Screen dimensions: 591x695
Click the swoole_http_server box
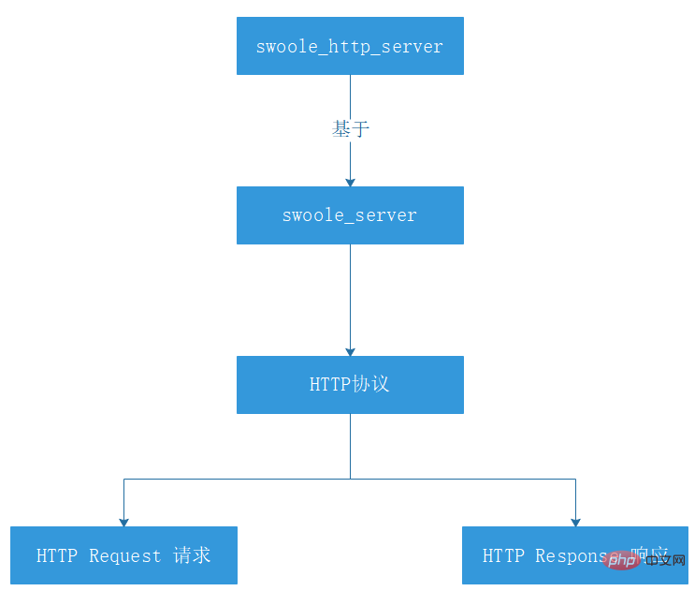(350, 46)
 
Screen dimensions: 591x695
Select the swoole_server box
(350, 215)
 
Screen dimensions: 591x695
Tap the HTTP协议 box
(350, 385)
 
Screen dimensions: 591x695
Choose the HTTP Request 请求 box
(123, 555)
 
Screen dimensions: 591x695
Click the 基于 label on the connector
(351, 129)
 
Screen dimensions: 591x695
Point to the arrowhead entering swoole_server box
(351, 182)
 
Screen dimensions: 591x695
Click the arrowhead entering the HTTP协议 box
(351, 351)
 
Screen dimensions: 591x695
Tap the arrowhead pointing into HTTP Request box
(123, 522)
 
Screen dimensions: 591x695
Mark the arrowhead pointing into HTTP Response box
(575, 522)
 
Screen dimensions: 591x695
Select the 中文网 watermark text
(665, 560)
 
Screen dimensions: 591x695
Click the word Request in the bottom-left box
(125, 556)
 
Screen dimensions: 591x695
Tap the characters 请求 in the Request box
(192, 555)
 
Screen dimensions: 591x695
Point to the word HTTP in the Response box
(503, 556)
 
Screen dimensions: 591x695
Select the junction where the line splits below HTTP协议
(351, 480)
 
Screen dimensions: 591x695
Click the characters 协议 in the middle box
(370, 385)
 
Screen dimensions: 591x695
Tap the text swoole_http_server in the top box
(350, 47)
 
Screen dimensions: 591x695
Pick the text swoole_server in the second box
(350, 216)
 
